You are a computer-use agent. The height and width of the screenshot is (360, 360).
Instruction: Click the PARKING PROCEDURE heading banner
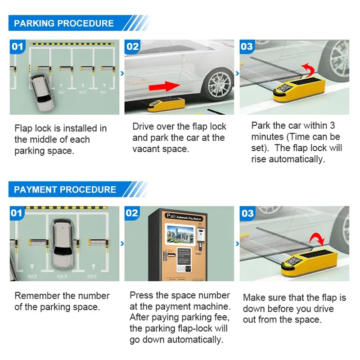64,23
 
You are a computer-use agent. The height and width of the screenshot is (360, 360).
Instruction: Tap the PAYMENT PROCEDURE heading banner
65,189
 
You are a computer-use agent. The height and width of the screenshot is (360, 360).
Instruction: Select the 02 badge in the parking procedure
133,47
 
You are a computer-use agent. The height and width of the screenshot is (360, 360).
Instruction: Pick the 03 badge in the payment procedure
247,213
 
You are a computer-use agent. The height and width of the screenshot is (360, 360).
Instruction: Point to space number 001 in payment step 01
92,276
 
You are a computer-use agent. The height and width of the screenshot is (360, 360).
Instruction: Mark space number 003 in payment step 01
32,276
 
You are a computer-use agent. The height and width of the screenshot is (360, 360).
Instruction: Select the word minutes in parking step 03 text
269,137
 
